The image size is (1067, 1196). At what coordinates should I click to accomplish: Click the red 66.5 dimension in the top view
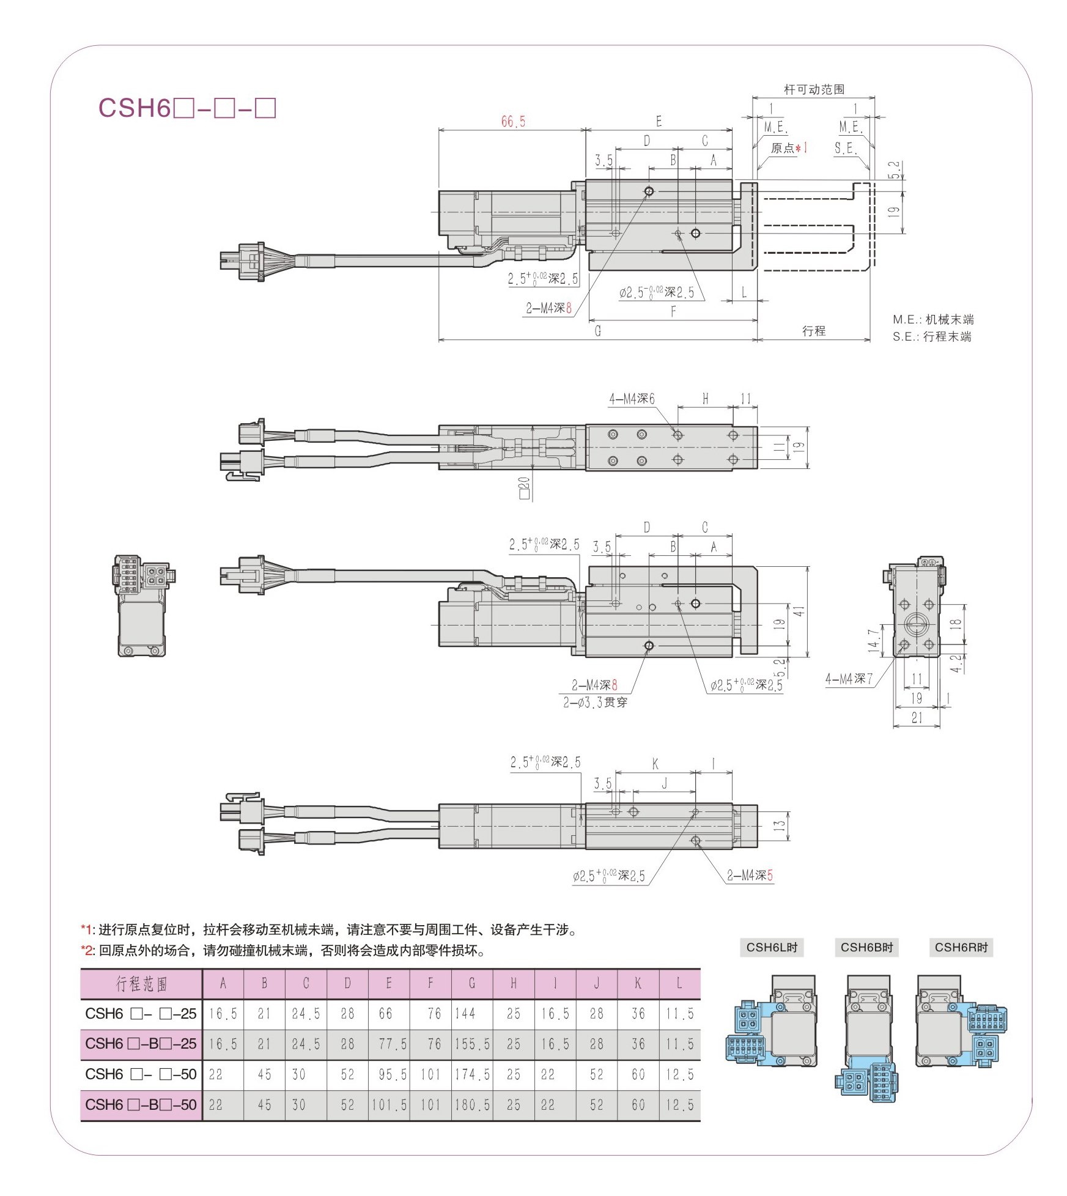[x=512, y=122]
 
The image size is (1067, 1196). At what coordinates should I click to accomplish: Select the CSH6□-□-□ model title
[x=187, y=108]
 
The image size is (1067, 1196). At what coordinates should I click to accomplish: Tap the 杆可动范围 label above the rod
[x=813, y=89]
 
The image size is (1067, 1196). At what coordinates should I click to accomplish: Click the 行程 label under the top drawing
[x=813, y=331]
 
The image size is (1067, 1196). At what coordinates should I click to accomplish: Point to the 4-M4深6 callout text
[x=631, y=399]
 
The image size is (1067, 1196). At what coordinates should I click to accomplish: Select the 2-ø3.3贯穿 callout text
[x=595, y=702]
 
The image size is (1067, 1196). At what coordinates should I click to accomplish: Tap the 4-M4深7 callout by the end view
[x=849, y=678]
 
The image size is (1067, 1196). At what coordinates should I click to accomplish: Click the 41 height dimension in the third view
[x=799, y=611]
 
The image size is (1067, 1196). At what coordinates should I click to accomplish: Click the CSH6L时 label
[x=772, y=947]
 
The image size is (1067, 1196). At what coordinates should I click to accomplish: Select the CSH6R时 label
[x=961, y=947]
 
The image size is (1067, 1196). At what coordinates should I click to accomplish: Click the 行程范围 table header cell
[x=141, y=984]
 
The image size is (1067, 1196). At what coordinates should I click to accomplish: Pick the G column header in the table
[x=472, y=984]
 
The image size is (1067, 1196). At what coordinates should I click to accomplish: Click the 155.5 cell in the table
[x=472, y=1044]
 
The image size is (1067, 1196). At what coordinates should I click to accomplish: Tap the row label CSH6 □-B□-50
[x=141, y=1104]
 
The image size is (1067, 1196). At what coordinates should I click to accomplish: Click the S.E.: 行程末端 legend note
[x=931, y=336]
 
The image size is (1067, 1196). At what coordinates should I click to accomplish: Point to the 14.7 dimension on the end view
[x=873, y=639]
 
